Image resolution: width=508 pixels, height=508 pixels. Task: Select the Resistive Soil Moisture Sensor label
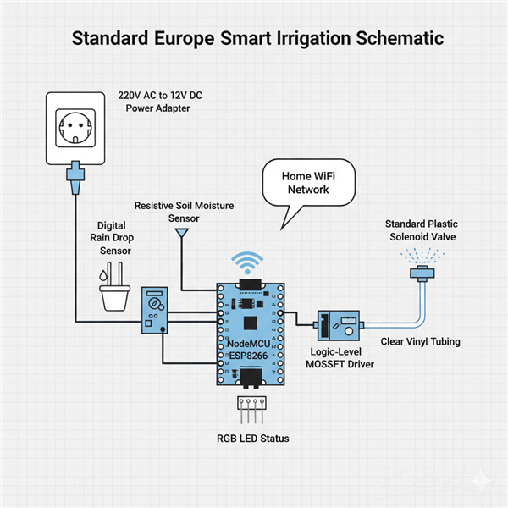click(184, 212)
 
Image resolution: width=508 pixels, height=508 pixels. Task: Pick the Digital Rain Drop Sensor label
click(116, 238)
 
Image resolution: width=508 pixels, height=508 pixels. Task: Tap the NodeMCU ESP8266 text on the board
click(250, 351)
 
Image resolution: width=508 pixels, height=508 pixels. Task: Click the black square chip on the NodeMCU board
click(250, 322)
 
